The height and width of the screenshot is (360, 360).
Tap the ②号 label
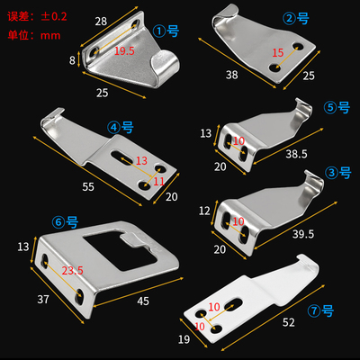296,17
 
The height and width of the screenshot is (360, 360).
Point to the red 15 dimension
277,54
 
